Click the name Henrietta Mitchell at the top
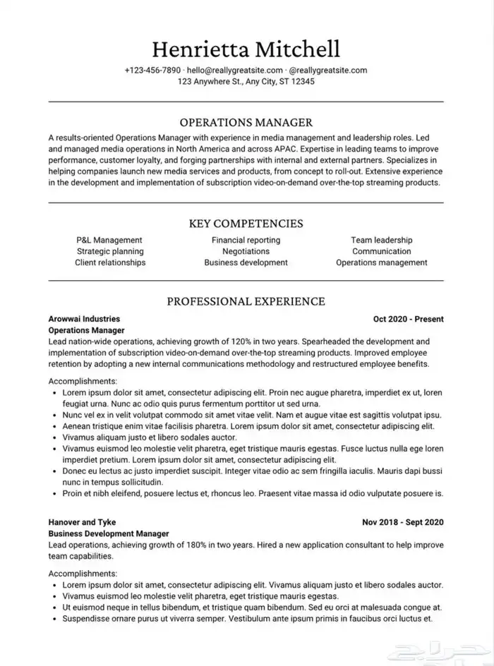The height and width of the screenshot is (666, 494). tap(246, 49)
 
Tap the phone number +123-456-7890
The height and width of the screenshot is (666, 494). tap(152, 71)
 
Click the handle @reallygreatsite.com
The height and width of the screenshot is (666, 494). tap(328, 71)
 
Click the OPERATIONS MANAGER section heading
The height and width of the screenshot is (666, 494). tap(246, 122)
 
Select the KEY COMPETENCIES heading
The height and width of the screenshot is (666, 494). tap(246, 224)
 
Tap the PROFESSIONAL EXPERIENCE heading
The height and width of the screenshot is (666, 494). tap(246, 301)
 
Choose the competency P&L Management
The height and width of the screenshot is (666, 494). tap(109, 240)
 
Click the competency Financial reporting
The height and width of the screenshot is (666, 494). tap(246, 240)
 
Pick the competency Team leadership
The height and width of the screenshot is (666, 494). tap(381, 240)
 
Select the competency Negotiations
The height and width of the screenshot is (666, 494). tap(246, 251)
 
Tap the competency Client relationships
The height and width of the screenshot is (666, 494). tap(110, 262)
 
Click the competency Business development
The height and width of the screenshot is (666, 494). tap(246, 262)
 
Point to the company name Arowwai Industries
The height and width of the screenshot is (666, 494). tap(84, 319)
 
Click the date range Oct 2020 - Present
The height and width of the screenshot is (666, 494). tap(408, 319)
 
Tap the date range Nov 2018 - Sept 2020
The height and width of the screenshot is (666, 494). tap(402, 523)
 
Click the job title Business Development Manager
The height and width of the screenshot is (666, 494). tap(109, 534)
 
